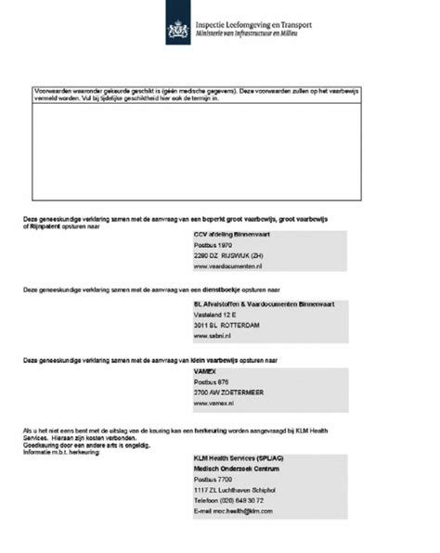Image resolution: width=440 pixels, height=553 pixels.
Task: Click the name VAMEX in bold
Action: [205, 370]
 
